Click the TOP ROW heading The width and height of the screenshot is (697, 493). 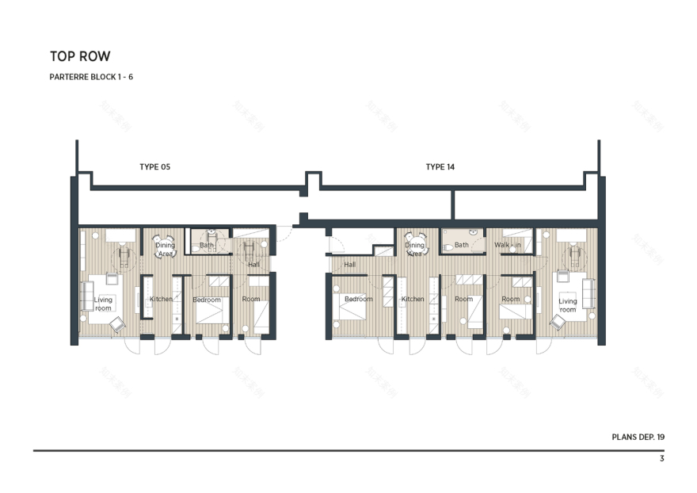pyautogui.click(x=80, y=56)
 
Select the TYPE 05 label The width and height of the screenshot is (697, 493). pyautogui.click(x=154, y=167)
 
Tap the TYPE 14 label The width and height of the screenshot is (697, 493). pyautogui.click(x=440, y=167)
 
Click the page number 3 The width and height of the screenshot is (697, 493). pyautogui.click(x=661, y=459)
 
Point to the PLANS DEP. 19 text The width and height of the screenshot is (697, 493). pyautogui.click(x=638, y=437)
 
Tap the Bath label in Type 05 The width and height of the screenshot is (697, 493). pyautogui.click(x=207, y=246)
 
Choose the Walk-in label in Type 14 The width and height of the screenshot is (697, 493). pyautogui.click(x=508, y=246)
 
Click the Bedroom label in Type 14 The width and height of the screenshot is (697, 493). pyautogui.click(x=358, y=299)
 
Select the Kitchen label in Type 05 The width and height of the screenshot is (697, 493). pyautogui.click(x=162, y=299)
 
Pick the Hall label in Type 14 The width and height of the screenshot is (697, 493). pyautogui.click(x=349, y=265)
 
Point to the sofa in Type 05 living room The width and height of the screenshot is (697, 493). pyautogui.click(x=86, y=295)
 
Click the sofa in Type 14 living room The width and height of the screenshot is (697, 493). pyautogui.click(x=588, y=293)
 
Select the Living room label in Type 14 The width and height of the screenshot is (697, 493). pyautogui.click(x=568, y=305)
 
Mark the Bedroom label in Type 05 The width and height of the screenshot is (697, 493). pyautogui.click(x=207, y=300)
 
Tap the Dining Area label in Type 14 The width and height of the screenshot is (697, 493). pyautogui.click(x=415, y=250)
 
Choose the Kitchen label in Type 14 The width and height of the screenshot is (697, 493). pyautogui.click(x=413, y=299)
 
